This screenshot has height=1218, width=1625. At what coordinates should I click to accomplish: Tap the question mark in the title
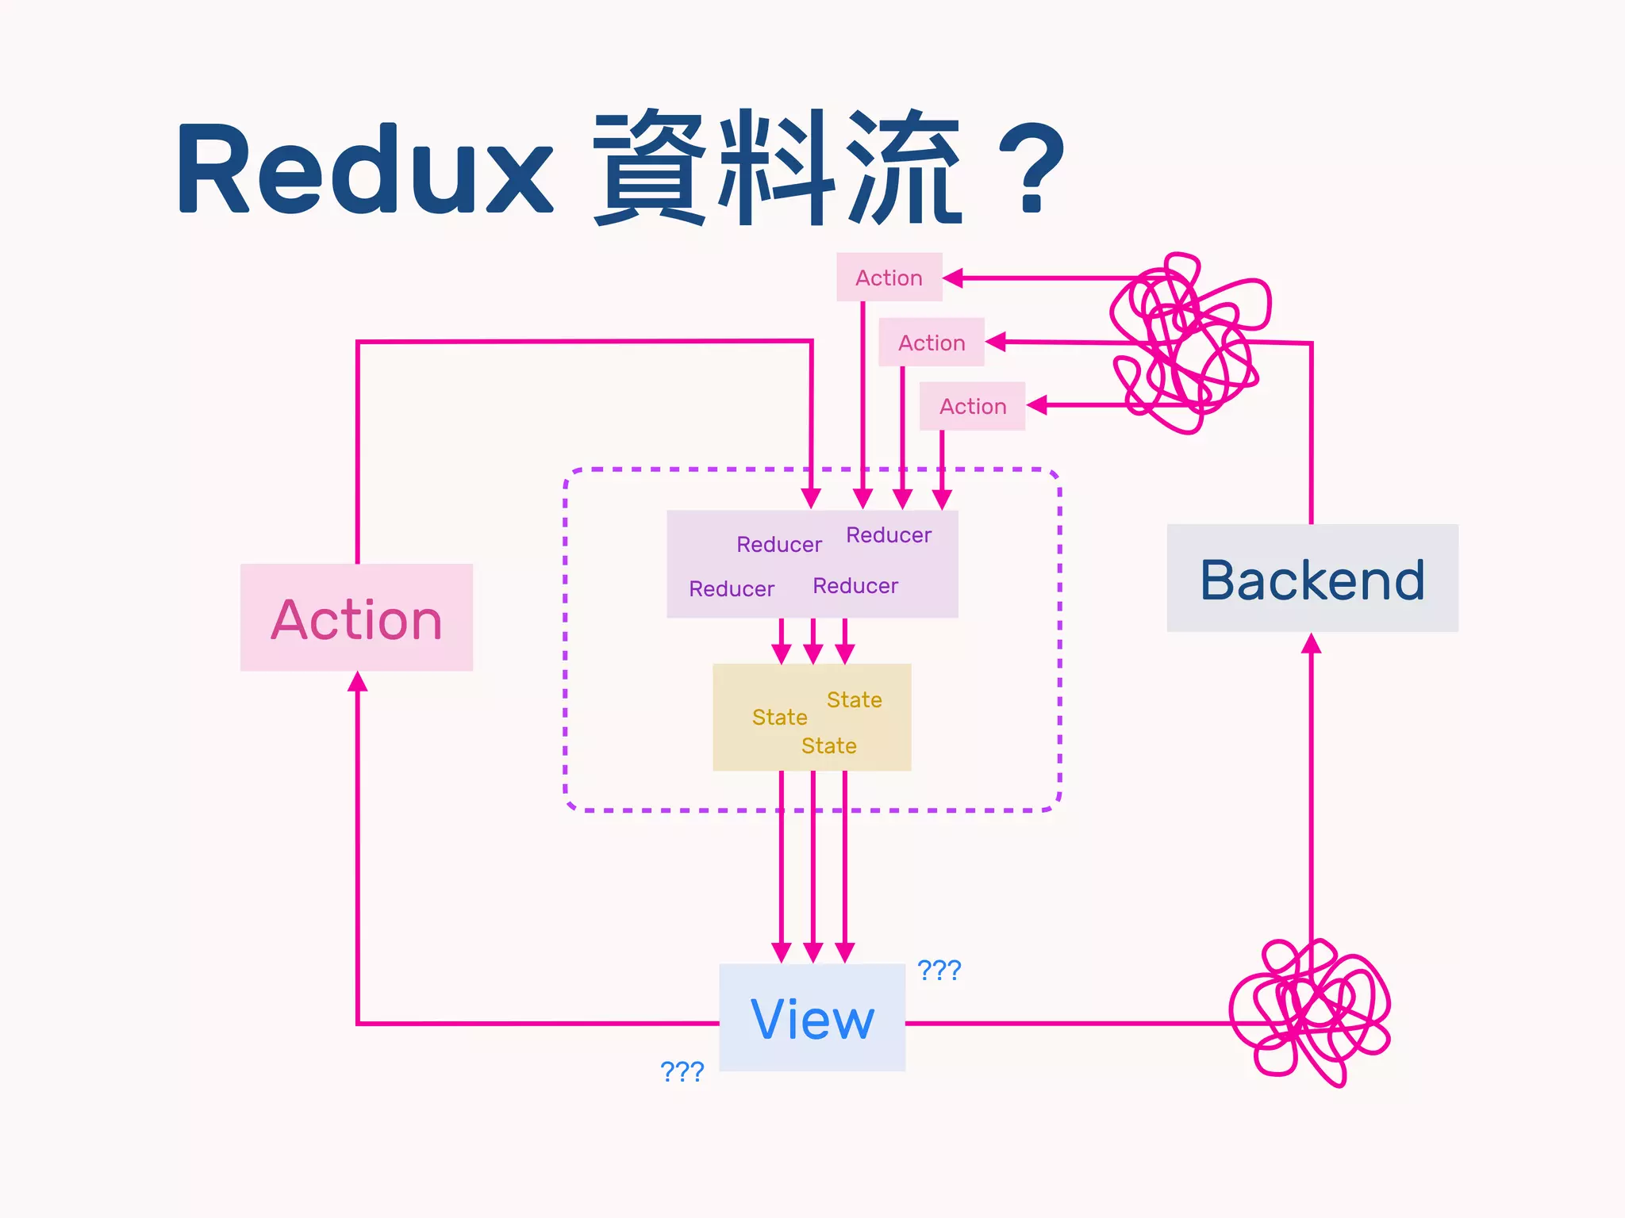[x=1031, y=168]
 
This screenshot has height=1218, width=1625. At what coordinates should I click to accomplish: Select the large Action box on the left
[x=356, y=618]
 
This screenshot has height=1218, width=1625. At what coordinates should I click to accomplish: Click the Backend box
[x=1312, y=578]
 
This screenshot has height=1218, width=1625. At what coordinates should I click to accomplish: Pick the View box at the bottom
[x=812, y=1017]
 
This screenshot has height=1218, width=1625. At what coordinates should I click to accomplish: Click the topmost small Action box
[x=889, y=278]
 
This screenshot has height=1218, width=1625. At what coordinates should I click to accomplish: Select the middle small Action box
[x=931, y=343]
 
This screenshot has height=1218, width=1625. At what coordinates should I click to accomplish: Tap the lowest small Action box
[x=972, y=406]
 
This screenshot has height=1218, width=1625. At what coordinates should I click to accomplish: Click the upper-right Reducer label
[x=888, y=534]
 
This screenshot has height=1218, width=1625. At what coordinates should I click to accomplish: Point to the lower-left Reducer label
[x=731, y=588]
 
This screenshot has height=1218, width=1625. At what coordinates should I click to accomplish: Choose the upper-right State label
[x=854, y=699]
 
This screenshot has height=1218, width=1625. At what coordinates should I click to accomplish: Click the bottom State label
[x=828, y=745]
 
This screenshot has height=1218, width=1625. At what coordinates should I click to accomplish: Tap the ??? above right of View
[x=939, y=969]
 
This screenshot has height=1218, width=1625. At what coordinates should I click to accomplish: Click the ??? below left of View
[x=682, y=1071]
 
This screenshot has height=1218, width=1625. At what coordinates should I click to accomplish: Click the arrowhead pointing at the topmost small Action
[x=953, y=278]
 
